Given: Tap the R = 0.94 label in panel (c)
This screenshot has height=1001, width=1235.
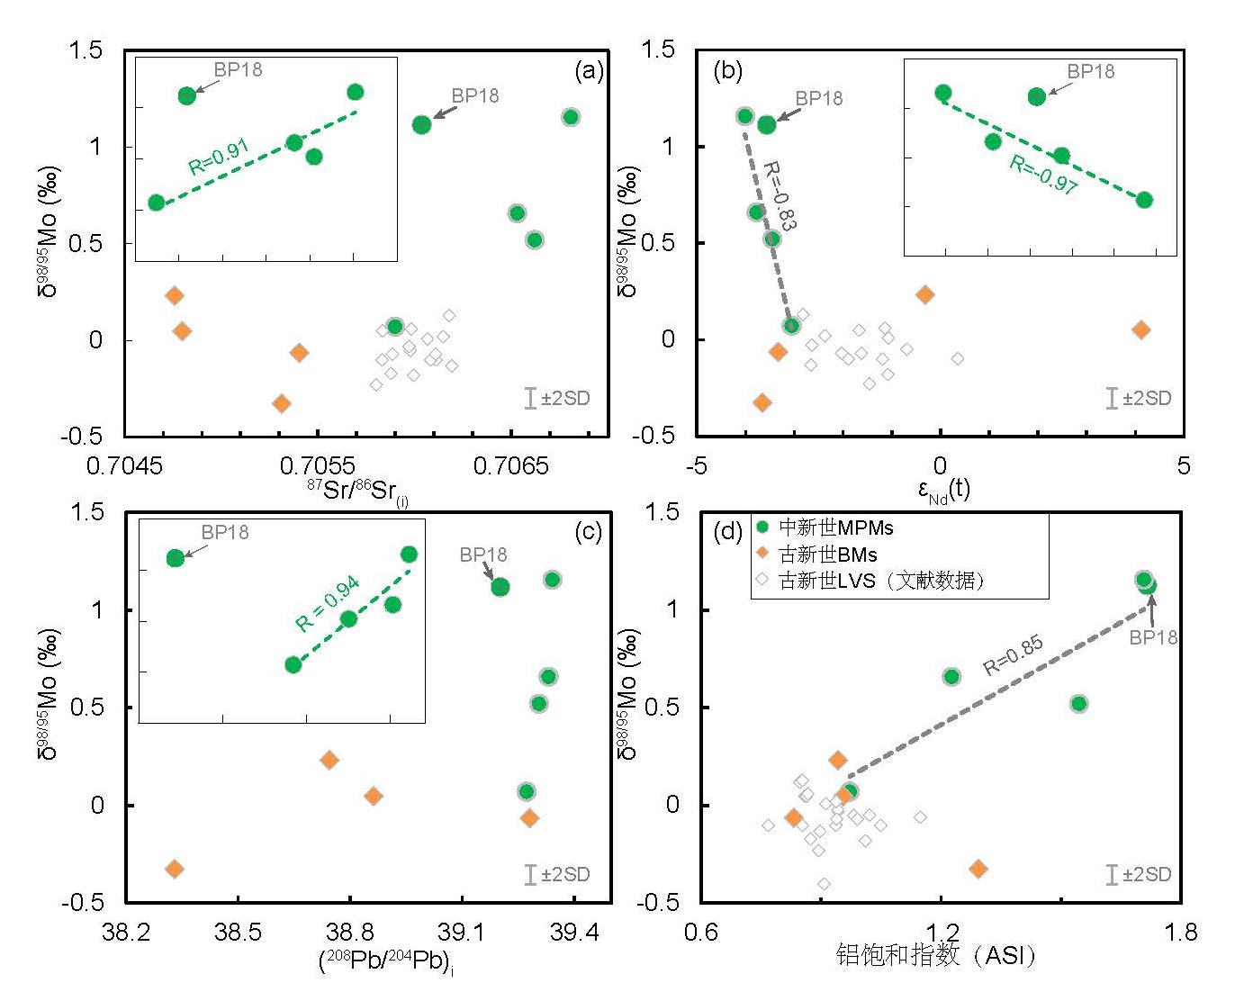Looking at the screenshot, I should click(328, 602).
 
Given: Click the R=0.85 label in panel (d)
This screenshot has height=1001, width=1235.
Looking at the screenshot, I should click(1013, 655).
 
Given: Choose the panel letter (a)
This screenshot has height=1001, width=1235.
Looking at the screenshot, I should click(589, 72).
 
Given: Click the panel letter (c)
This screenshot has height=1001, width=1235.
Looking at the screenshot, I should click(587, 532).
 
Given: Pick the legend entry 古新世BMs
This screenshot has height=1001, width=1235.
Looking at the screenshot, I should click(827, 555).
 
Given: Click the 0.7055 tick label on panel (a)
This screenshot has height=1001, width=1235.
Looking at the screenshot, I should click(316, 465).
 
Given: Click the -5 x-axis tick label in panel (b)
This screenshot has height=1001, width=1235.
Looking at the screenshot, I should click(696, 465).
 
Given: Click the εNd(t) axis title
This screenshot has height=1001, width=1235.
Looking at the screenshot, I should click(943, 491).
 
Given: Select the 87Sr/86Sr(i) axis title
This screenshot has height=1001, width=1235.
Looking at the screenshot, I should click(356, 491).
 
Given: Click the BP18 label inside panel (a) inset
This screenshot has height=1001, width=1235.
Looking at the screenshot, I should click(238, 69).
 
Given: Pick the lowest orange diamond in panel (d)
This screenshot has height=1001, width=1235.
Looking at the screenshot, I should click(978, 869).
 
